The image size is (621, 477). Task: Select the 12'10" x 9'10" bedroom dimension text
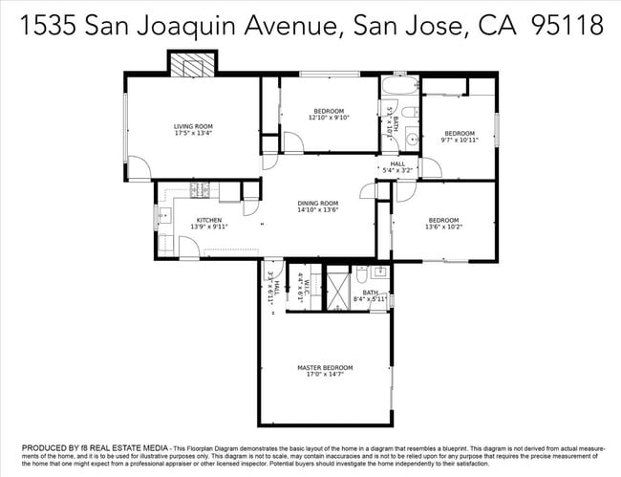click(x=330, y=118)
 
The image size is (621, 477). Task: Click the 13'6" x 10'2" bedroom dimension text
click(x=443, y=228)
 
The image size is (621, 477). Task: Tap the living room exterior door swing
click(x=139, y=169)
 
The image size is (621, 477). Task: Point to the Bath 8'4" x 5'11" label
click(x=370, y=295)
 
